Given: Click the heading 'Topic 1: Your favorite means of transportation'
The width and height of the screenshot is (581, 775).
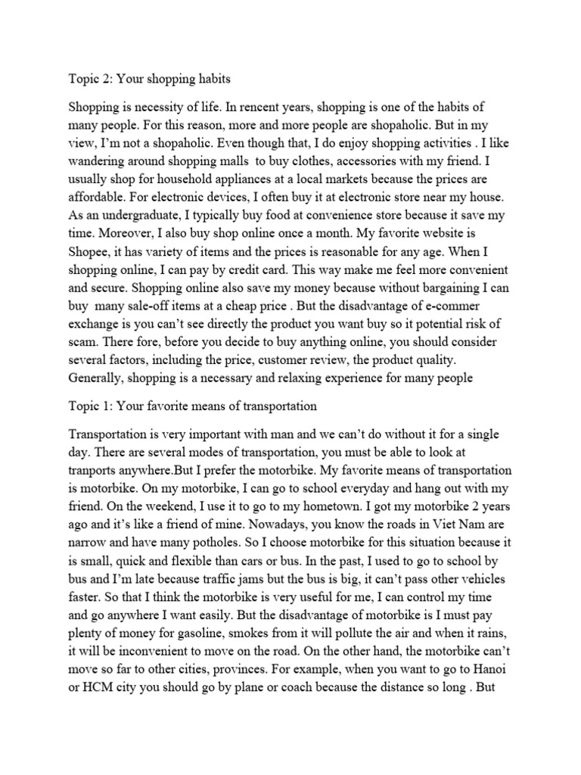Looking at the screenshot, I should [192, 406].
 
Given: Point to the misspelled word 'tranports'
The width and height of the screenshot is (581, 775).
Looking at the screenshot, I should [95, 470].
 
